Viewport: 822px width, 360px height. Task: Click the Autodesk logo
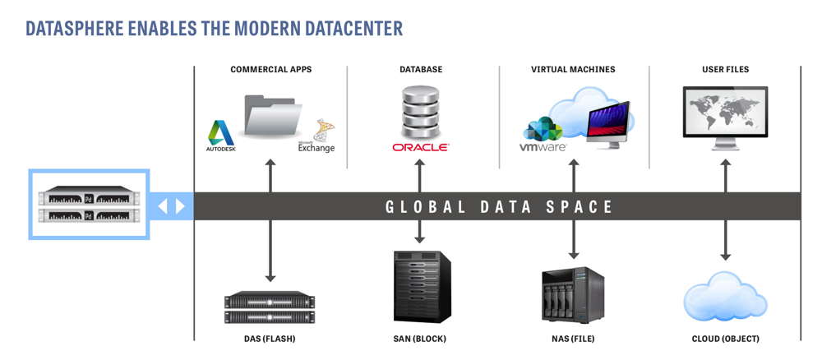pos(220,136)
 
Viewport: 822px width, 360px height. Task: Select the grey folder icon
pos(273,115)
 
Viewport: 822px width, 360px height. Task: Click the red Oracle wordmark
pos(420,148)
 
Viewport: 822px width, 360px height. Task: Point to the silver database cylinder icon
pos(420,112)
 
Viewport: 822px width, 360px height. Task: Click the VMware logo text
pos(543,147)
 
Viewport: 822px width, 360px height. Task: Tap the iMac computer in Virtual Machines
pos(608,125)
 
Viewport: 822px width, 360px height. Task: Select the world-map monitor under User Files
pos(725,118)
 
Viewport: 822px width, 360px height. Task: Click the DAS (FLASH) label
pos(270,339)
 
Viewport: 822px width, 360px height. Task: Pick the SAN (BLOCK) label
pos(420,339)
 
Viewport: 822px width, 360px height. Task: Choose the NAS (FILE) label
pos(573,339)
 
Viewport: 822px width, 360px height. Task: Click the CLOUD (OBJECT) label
pos(726,339)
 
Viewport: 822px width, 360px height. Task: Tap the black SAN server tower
pos(422,287)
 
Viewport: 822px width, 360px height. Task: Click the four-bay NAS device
pos(572,295)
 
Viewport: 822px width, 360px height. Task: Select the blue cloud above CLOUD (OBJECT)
pos(726,296)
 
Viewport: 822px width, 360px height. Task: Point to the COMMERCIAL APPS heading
pos(271,69)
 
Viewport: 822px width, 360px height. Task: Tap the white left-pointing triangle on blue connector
pos(163,206)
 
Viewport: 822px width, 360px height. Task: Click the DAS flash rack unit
pos(270,307)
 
